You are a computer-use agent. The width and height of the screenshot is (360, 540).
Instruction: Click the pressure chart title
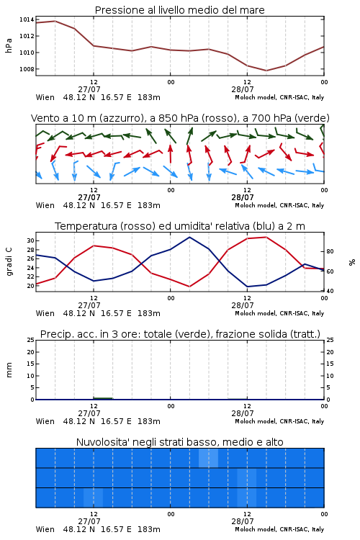[x=179, y=10]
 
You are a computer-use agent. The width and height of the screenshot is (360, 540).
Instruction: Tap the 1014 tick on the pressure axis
[x=27, y=19]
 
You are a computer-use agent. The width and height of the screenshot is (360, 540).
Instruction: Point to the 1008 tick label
[x=27, y=69]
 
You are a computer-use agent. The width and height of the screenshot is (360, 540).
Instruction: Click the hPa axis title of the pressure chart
[x=9, y=45]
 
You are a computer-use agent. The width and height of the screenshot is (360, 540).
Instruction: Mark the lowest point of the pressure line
[x=266, y=71]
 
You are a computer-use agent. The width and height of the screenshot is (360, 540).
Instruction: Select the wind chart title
[x=180, y=118]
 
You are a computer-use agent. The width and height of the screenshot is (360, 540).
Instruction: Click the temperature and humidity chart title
[x=180, y=226]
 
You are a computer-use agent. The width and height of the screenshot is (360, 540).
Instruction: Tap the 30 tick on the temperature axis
[x=31, y=240]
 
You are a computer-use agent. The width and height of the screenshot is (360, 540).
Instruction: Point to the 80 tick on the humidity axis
[x=330, y=251]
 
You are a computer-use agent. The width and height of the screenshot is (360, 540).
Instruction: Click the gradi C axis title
[x=9, y=262]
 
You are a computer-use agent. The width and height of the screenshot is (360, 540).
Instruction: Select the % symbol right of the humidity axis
[x=352, y=262]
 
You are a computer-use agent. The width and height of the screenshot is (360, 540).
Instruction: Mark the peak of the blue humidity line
[x=189, y=237]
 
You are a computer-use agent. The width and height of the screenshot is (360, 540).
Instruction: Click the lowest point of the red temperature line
[x=189, y=287]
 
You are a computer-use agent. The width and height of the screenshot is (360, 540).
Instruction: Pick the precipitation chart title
[x=180, y=334]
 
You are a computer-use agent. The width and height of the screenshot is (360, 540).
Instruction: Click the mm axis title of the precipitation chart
[x=9, y=370]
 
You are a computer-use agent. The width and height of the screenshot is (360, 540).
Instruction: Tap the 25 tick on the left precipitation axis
[x=31, y=340]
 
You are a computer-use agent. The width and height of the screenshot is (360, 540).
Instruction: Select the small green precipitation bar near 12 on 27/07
[x=103, y=398]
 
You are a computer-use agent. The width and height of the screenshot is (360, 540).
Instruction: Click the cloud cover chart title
[x=179, y=442]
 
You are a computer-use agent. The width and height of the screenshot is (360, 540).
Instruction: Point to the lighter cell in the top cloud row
[x=208, y=458]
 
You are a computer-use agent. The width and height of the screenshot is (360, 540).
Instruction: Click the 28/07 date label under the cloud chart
[x=243, y=521]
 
